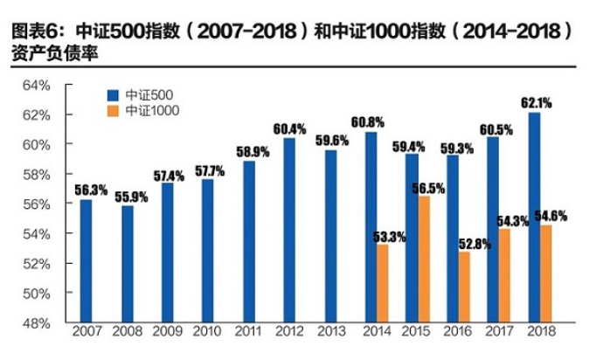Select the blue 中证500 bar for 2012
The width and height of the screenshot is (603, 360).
click(x=288, y=231)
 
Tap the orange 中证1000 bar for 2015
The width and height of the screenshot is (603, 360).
click(x=424, y=260)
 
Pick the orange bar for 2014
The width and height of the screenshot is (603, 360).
click(x=383, y=283)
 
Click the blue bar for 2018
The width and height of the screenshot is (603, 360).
click(x=534, y=218)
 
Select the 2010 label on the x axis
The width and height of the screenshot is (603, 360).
click(x=206, y=334)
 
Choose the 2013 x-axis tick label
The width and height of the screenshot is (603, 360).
click(x=330, y=334)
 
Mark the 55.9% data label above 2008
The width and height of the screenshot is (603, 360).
click(x=128, y=197)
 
